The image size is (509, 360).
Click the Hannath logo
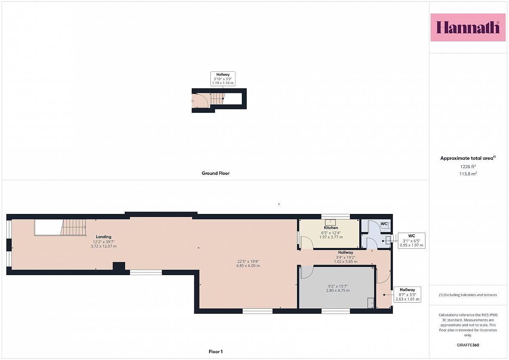coord(468,28)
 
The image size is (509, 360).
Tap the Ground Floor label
coord(215,173)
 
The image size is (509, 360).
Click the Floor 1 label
coord(215,352)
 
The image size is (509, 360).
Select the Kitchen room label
coord(331,228)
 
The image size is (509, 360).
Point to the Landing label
coord(103,237)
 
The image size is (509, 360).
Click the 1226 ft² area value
coord(468,166)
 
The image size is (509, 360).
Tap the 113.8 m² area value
coord(468,174)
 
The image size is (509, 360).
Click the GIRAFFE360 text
coord(468,345)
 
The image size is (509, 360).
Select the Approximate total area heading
coord(468,158)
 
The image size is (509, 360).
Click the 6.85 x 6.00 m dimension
coord(248,266)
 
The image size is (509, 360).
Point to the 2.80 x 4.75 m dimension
coord(338,290)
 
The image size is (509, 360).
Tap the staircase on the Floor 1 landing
coord(73,227)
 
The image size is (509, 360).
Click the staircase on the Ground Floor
coord(218,98)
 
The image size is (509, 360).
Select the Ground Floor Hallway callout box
coord(223,79)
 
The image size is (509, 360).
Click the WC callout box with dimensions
coord(411,241)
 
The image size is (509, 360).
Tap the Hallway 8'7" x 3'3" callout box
coord(407,294)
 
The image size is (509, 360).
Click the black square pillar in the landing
coord(119,266)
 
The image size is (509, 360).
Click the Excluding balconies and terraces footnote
coord(468,295)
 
